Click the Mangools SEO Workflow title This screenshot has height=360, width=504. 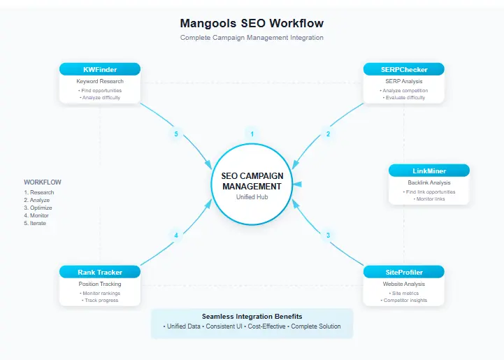[x=252, y=23]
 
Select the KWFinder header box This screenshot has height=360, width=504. [x=99, y=69]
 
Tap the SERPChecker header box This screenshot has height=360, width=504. [x=403, y=69]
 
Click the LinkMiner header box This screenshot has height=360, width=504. [x=429, y=171]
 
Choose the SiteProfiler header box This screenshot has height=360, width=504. [x=403, y=272]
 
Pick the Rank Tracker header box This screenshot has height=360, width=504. [x=99, y=272]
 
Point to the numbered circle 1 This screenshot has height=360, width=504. [x=252, y=134]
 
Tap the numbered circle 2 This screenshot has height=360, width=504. [x=328, y=134]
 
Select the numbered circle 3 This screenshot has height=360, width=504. [x=328, y=236]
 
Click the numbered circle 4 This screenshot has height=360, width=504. [x=175, y=236]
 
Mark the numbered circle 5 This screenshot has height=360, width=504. [x=175, y=134]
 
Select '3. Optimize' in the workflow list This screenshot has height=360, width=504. [x=38, y=208]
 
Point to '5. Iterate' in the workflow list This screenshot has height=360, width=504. [x=36, y=223]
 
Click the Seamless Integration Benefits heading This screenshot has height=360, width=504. [x=252, y=317]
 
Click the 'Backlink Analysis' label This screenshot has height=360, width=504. [x=429, y=182]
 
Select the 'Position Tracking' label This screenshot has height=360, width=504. [x=99, y=284]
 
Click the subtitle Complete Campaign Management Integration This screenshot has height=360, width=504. [x=252, y=38]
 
